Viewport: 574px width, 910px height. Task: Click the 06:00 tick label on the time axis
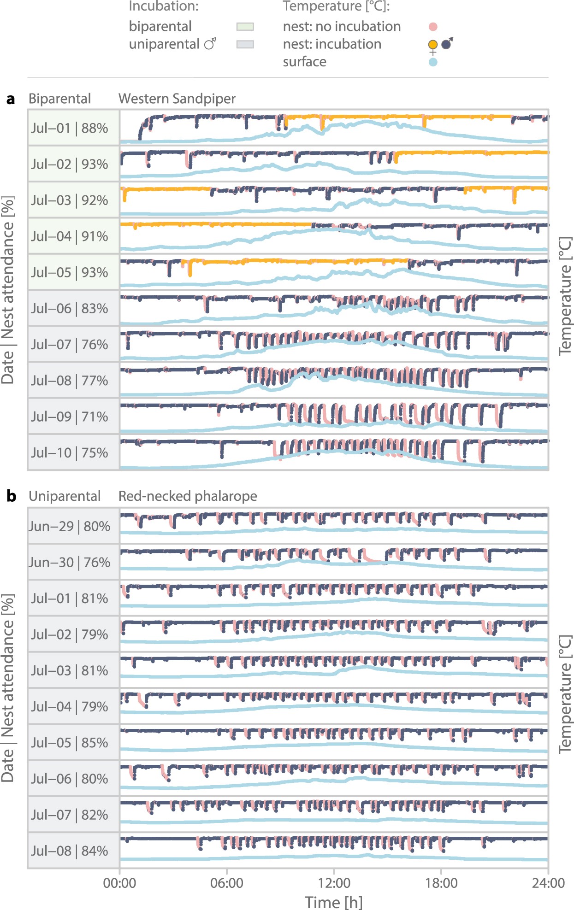point(226,883)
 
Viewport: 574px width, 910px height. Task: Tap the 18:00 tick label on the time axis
point(441,883)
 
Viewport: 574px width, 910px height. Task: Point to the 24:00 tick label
point(548,883)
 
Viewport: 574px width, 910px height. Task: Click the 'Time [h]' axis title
point(333,902)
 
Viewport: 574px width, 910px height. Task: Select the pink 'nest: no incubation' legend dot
point(432,27)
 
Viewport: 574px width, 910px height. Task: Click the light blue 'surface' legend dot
point(432,62)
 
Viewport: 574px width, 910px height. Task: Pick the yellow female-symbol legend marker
point(432,45)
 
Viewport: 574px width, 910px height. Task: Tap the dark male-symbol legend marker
point(446,44)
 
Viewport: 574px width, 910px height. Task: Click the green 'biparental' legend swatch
point(245,27)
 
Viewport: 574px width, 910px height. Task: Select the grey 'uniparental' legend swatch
point(245,44)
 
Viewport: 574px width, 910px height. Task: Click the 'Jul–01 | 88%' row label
point(70,128)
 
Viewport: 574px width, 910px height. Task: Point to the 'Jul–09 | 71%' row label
point(70,417)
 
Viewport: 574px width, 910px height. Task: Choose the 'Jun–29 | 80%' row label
point(70,526)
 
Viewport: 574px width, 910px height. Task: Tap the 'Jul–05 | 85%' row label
point(70,743)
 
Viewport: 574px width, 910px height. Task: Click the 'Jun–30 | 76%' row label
point(70,562)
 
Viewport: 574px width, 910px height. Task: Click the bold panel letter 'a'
point(11,99)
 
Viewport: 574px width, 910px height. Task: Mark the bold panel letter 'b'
point(11,496)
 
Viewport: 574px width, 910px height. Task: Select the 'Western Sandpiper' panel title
point(177,99)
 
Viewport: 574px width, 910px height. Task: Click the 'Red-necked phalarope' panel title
point(188,496)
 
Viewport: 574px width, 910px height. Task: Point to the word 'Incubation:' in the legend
point(164,6)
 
